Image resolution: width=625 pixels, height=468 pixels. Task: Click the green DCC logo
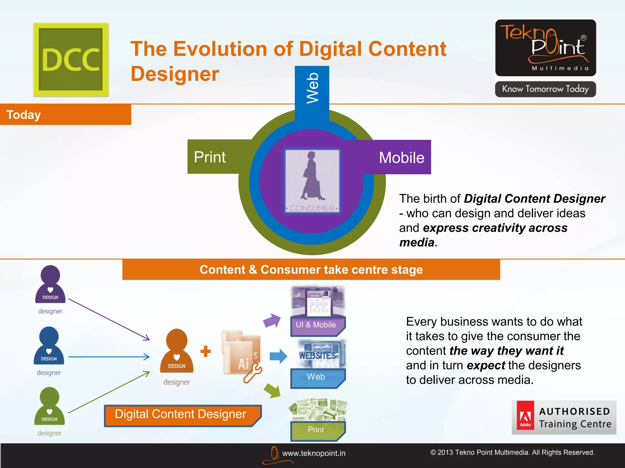pos(71,60)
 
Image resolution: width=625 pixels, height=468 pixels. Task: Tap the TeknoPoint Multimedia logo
pos(545,48)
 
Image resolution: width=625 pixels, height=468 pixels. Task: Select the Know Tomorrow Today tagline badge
pos(545,89)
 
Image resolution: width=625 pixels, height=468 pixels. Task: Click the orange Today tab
pos(65,115)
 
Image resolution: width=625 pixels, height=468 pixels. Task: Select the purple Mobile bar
pos(400,158)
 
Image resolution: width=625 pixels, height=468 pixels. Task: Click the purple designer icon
pos(50,285)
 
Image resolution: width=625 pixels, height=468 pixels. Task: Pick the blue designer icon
pos(49,346)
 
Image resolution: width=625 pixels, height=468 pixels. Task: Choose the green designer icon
pos(49,406)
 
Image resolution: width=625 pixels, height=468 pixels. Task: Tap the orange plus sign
pos(206,351)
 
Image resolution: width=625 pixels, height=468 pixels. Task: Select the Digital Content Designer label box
pos(182,415)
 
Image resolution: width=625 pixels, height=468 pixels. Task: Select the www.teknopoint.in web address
pos(313,453)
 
